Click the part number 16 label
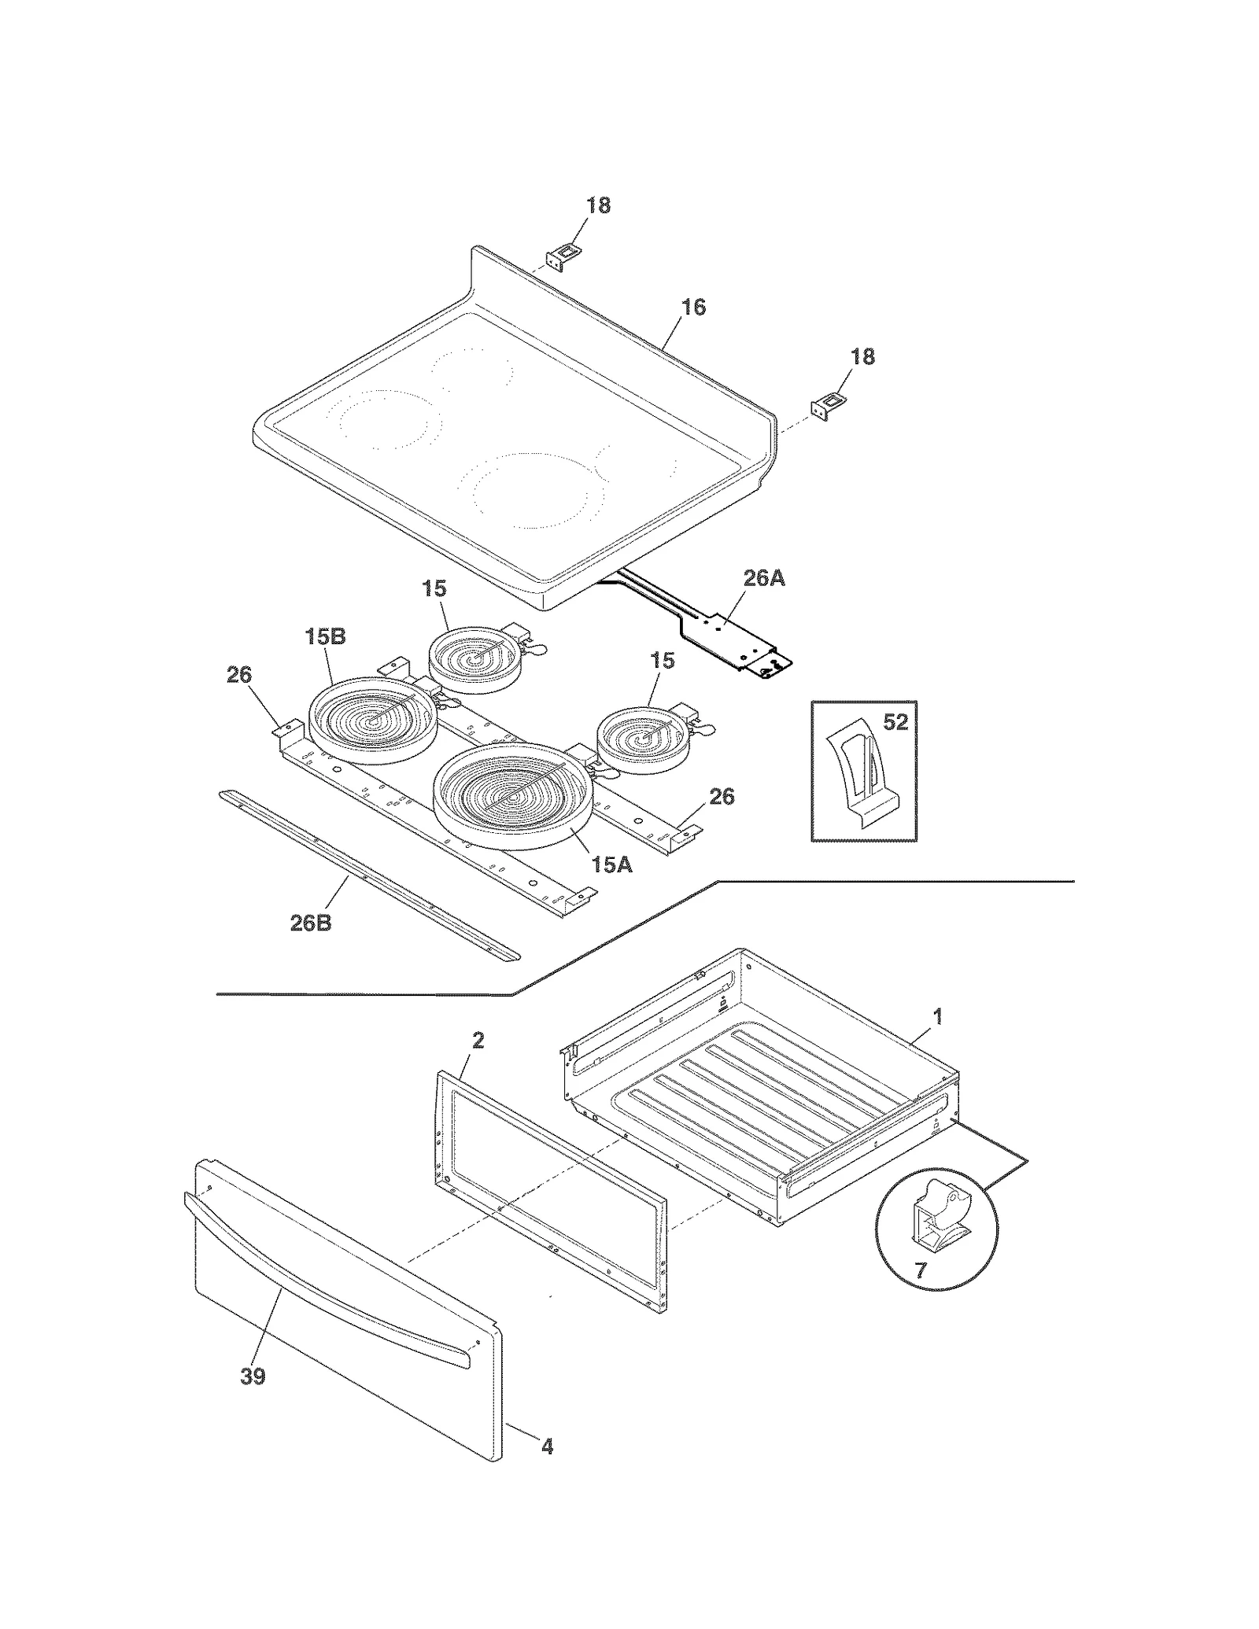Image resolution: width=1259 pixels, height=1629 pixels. pos(692,307)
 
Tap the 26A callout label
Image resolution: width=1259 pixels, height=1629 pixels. pos(763,579)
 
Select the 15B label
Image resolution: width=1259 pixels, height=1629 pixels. pos(325,637)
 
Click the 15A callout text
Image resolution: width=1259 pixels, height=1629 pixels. pos(611,865)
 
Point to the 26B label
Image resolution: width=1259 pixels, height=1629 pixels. pos(311,923)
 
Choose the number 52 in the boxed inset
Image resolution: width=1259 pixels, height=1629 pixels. pos(895,722)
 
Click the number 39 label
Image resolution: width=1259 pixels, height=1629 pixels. pos(253,1377)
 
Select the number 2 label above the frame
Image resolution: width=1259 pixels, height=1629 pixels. pos(478,1041)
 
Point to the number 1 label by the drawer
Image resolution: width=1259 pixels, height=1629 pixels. pos(937,1016)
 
